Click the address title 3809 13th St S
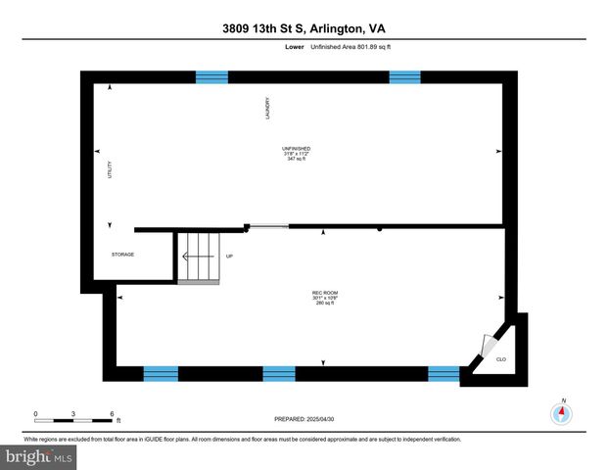(x=304, y=29)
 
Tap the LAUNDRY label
(x=266, y=108)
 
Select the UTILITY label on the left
(x=110, y=169)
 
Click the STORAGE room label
(x=122, y=255)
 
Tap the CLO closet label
(x=500, y=358)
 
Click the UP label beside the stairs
(x=229, y=256)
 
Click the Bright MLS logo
(x=39, y=456)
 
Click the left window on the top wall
(x=211, y=76)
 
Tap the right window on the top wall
(x=404, y=76)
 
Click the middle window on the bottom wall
(x=279, y=373)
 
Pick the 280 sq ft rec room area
(x=324, y=304)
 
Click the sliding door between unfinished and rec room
(x=267, y=228)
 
